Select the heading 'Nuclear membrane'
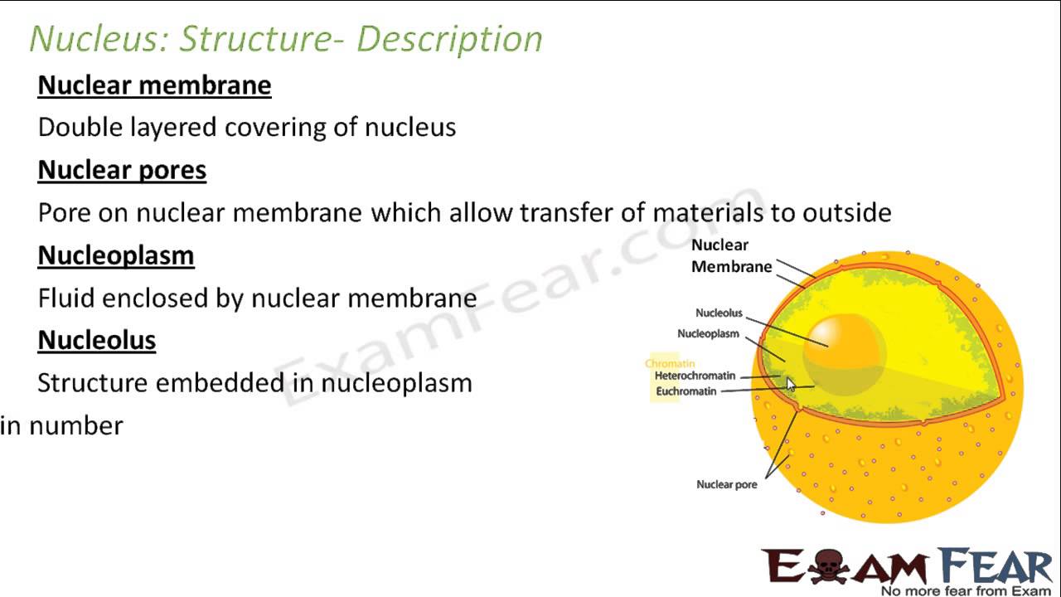[x=154, y=85]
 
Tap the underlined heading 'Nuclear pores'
[x=122, y=170]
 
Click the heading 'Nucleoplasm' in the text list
[x=116, y=255]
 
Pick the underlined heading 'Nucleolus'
[x=97, y=340]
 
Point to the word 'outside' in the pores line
[x=846, y=213]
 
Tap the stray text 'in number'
[x=61, y=426]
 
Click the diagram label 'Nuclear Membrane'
[x=731, y=256]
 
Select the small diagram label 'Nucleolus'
[x=719, y=313]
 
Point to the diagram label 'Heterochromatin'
[x=695, y=376]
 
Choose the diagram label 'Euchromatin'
[x=686, y=391]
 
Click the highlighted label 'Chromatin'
[x=670, y=363]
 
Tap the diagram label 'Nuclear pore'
[x=726, y=484]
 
